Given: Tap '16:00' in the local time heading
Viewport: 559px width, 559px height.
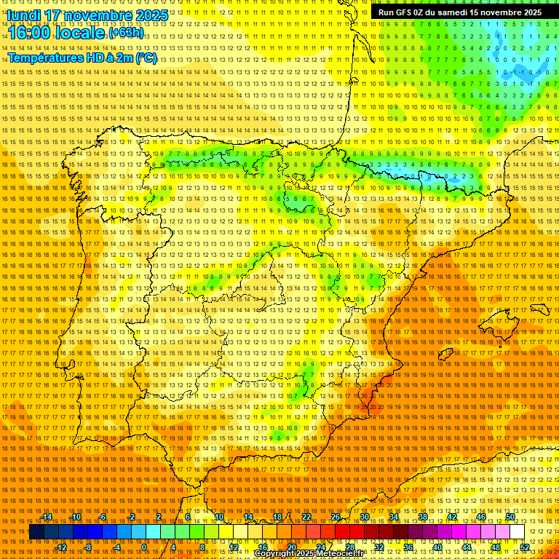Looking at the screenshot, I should coord(32,33).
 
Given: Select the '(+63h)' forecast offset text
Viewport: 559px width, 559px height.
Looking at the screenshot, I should coord(126,33).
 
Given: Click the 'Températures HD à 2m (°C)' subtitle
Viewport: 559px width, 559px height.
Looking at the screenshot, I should coord(82,58).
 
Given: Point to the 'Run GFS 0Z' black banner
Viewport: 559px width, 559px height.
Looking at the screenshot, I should coord(459,12).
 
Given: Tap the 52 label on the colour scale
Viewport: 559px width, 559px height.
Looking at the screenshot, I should coord(525,547).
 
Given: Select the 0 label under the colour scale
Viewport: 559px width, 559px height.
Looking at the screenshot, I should coord(144,547).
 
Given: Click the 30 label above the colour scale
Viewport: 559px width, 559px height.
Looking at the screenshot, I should coord(364,516).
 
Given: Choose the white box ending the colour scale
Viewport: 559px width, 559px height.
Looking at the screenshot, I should coord(517,532).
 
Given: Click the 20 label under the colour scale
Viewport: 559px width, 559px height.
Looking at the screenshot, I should coord(291,547).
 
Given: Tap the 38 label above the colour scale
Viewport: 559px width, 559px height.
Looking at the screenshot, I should coord(423,516).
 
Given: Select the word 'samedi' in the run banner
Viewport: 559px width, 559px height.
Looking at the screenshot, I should coord(451,12).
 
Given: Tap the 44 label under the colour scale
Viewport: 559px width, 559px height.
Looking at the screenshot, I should coord(467,547).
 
